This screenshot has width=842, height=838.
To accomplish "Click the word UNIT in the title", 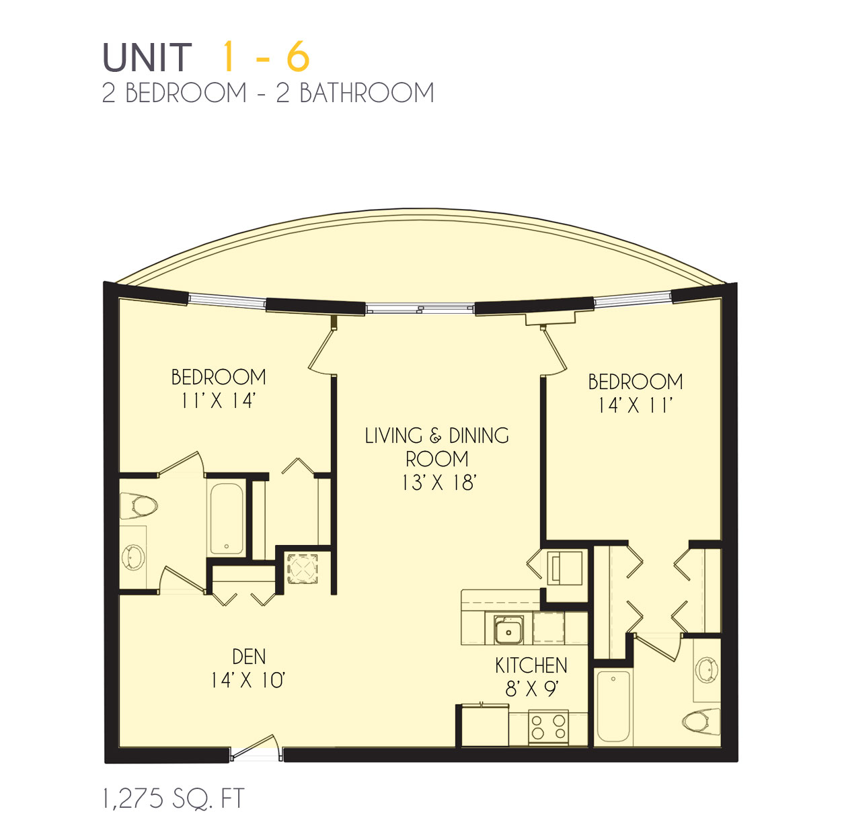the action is point(147,57).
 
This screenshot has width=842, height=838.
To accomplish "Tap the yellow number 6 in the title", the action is point(299,56).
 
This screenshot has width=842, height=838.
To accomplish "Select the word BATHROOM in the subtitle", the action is point(367,93).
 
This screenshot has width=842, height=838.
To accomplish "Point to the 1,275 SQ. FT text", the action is point(173,799).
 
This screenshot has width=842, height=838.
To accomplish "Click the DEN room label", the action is point(249,657).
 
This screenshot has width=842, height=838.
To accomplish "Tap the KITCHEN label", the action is point(531,665).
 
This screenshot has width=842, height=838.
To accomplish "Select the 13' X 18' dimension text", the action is point(438,483).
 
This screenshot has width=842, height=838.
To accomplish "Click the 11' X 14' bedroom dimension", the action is point(218,401).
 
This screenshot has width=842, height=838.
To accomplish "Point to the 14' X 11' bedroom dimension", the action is point(634,405).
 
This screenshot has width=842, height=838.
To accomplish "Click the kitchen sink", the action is point(508,630).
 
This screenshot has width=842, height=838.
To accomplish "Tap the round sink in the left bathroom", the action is point(133,558).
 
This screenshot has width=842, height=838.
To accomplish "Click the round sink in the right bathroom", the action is point(706,670).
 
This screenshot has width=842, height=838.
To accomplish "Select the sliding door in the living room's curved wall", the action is point(420,309).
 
